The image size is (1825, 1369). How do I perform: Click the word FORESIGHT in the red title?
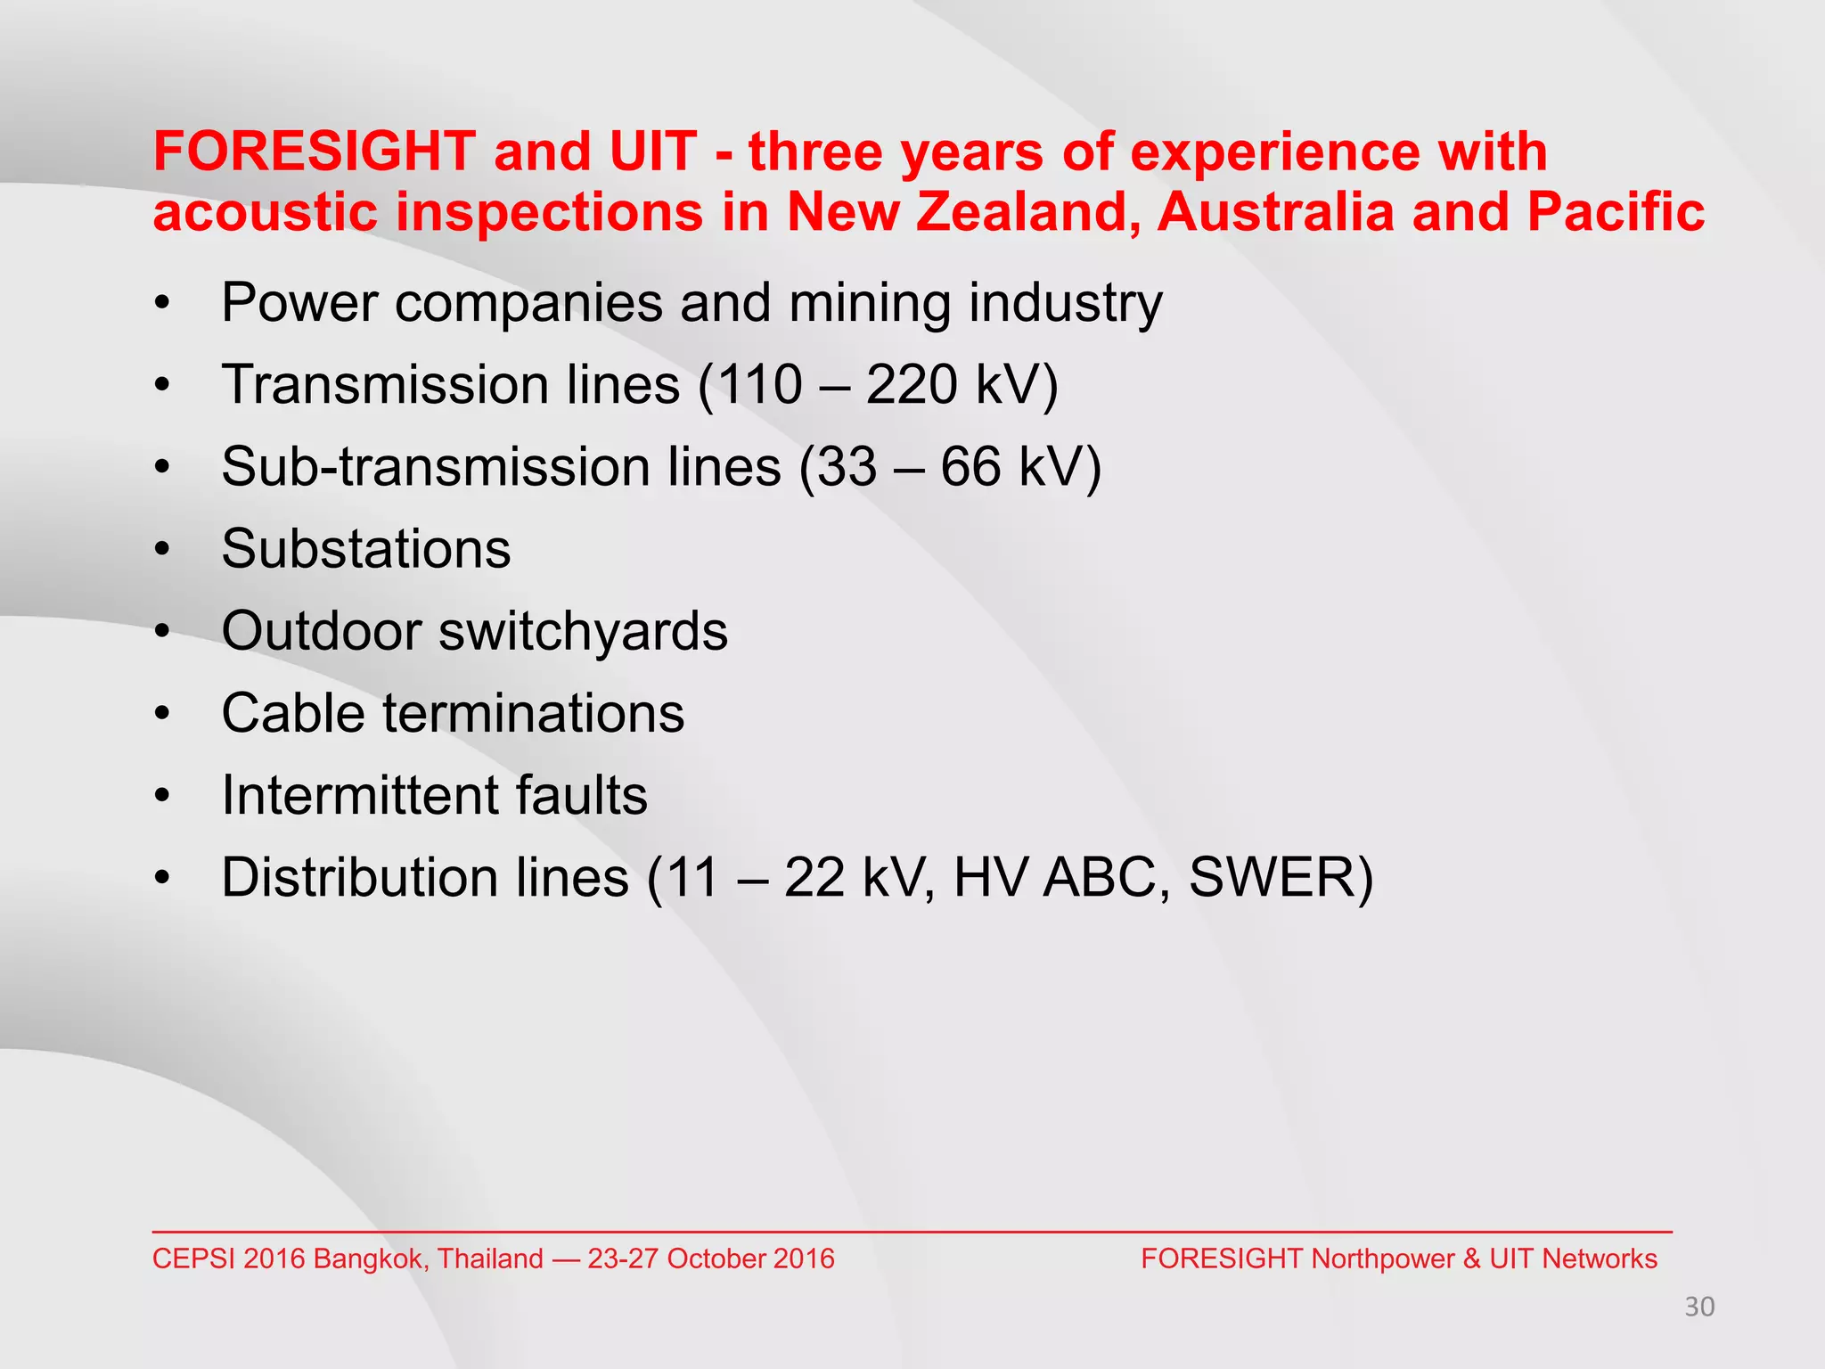(314, 152)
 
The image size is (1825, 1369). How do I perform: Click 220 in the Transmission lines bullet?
(911, 385)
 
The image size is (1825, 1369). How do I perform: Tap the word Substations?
(366, 549)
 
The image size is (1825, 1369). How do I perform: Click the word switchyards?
(583, 632)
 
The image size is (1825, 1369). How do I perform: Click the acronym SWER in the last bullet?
(1270, 878)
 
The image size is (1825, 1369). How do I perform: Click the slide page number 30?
(1699, 1308)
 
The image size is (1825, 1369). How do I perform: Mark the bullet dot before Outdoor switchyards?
(161, 633)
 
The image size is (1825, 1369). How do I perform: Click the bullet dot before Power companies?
(161, 305)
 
